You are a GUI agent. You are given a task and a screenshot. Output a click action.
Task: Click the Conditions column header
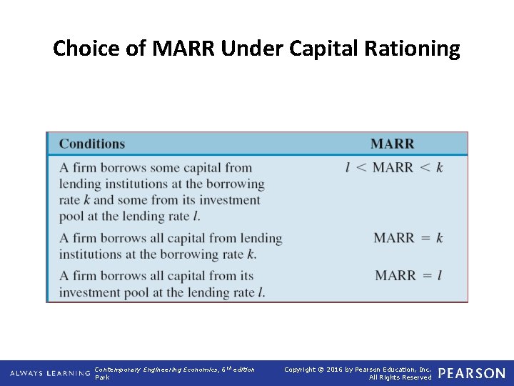(92, 144)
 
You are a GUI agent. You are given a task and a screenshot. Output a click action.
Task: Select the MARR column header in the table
(392, 144)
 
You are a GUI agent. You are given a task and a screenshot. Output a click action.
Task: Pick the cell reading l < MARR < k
(394, 167)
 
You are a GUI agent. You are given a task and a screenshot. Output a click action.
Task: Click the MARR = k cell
(408, 238)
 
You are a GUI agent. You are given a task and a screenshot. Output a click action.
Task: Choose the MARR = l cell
(408, 275)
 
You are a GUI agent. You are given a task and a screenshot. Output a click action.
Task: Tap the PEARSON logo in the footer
(471, 373)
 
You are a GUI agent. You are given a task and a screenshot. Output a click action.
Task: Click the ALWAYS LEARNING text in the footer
(50, 373)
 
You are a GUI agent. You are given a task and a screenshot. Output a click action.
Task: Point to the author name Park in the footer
(102, 377)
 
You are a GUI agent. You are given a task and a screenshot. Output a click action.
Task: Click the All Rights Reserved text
(400, 377)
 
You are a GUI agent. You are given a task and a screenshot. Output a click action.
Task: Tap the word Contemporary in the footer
(118, 370)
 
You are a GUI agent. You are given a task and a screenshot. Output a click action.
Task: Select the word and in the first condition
(104, 200)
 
